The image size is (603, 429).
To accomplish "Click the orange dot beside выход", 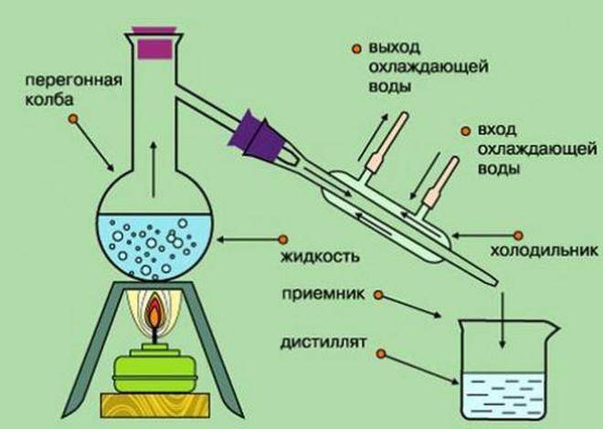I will tap(354, 47).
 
